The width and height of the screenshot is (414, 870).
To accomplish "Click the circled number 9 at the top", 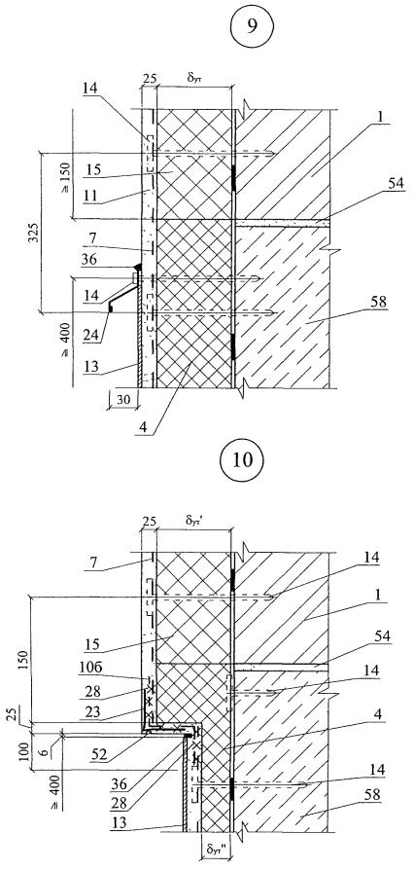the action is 252,27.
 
